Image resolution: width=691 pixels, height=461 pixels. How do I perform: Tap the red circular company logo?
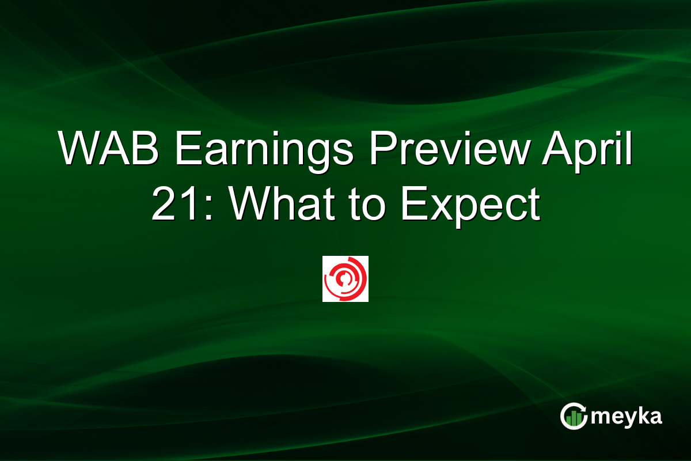pos(345,279)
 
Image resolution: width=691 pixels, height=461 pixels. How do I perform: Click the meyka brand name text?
pos(627,417)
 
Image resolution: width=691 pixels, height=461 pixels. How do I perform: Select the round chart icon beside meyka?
pos(574,416)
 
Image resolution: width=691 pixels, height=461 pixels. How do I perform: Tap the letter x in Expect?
pos(438,209)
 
